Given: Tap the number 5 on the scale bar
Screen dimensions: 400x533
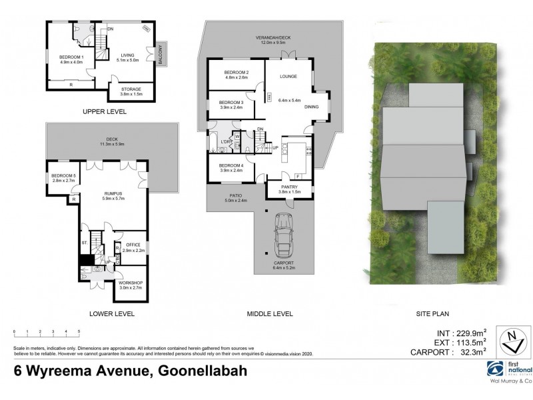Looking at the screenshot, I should [x=79, y=331].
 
